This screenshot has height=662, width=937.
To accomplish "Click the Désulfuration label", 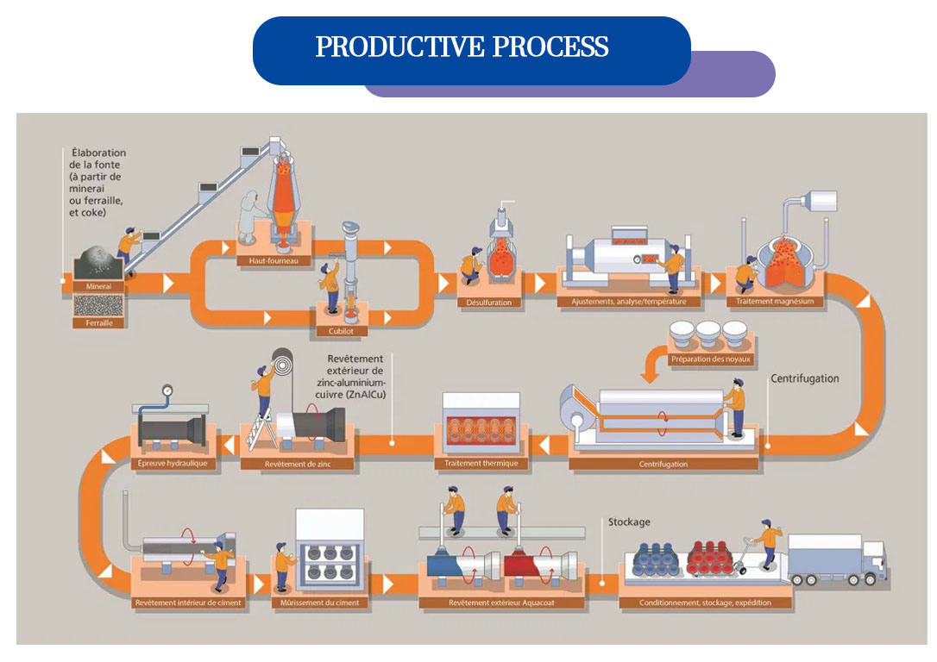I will coord(488,302).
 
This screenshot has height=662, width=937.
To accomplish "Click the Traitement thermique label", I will coord(481,464).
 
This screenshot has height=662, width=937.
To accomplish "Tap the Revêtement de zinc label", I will coord(298,464).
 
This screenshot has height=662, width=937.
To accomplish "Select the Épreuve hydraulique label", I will coord(172,464).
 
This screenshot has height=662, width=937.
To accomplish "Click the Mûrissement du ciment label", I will coord(314,602).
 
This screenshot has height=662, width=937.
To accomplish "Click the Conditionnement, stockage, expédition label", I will coord(705,602).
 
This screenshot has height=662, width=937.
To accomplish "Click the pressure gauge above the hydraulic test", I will coord(166,390).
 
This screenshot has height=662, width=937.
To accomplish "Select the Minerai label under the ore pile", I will coord(99,285).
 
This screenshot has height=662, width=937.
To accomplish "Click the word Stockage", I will coord(629,522).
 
